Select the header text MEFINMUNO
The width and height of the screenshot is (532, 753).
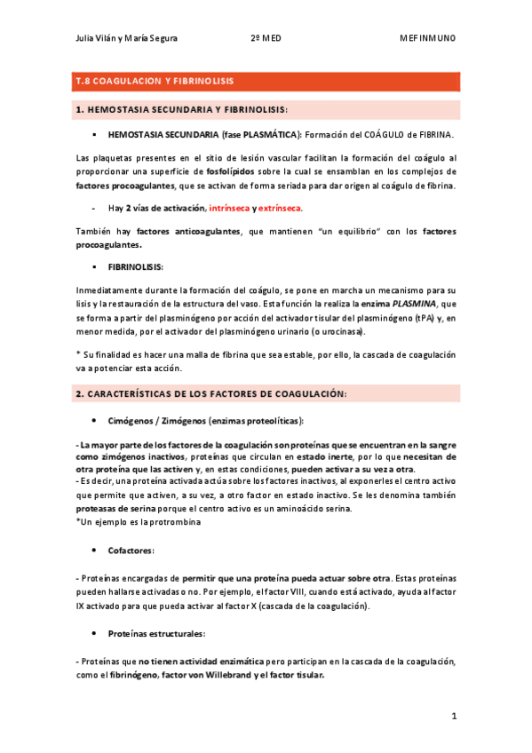click(429, 38)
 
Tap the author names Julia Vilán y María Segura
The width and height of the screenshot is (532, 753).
click(126, 38)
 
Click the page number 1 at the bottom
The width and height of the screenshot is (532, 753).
click(453, 715)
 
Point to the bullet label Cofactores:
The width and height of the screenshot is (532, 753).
click(131, 551)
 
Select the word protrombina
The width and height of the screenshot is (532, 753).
click(174, 521)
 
